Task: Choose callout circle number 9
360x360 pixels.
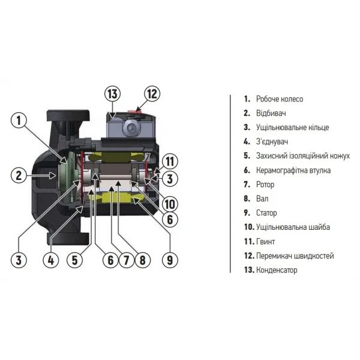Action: pyautogui.click(x=170, y=260)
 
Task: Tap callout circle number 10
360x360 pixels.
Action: pyautogui.click(x=170, y=202)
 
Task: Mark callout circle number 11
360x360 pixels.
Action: pyautogui.click(x=170, y=160)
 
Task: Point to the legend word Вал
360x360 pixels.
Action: pyautogui.click(x=262, y=199)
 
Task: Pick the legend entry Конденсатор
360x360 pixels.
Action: pyautogui.click(x=277, y=270)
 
